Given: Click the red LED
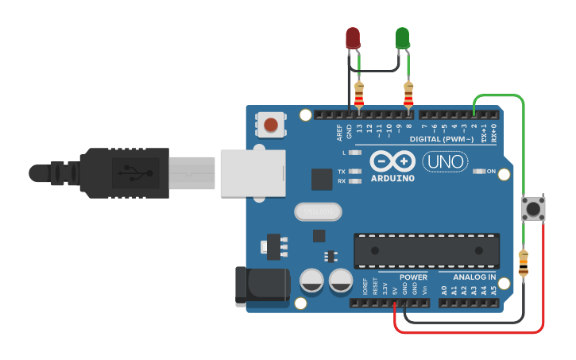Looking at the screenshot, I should pyautogui.click(x=353, y=37).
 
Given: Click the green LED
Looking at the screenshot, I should pyautogui.click(x=402, y=37).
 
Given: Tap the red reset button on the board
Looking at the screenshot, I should pyautogui.click(x=271, y=125).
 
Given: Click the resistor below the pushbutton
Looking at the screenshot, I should pyautogui.click(x=523, y=263).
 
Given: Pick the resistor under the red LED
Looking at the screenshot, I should pyautogui.click(x=359, y=95).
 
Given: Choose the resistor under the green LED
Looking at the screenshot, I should pyautogui.click(x=408, y=95).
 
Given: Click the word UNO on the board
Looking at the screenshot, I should pyautogui.click(x=445, y=162).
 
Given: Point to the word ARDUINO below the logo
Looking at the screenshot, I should pyautogui.click(x=392, y=178).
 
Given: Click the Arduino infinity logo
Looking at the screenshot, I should pyautogui.click(x=392, y=161).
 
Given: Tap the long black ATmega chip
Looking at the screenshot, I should pyautogui.click(x=427, y=250).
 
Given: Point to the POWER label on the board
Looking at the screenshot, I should pyautogui.click(x=413, y=277).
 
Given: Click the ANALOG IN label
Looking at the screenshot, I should pyautogui.click(x=474, y=277).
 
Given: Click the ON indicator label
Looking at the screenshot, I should pyautogui.click(x=490, y=172).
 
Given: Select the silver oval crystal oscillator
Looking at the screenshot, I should pyautogui.click(x=318, y=211).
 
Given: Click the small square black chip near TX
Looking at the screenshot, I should pyautogui.click(x=321, y=180).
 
